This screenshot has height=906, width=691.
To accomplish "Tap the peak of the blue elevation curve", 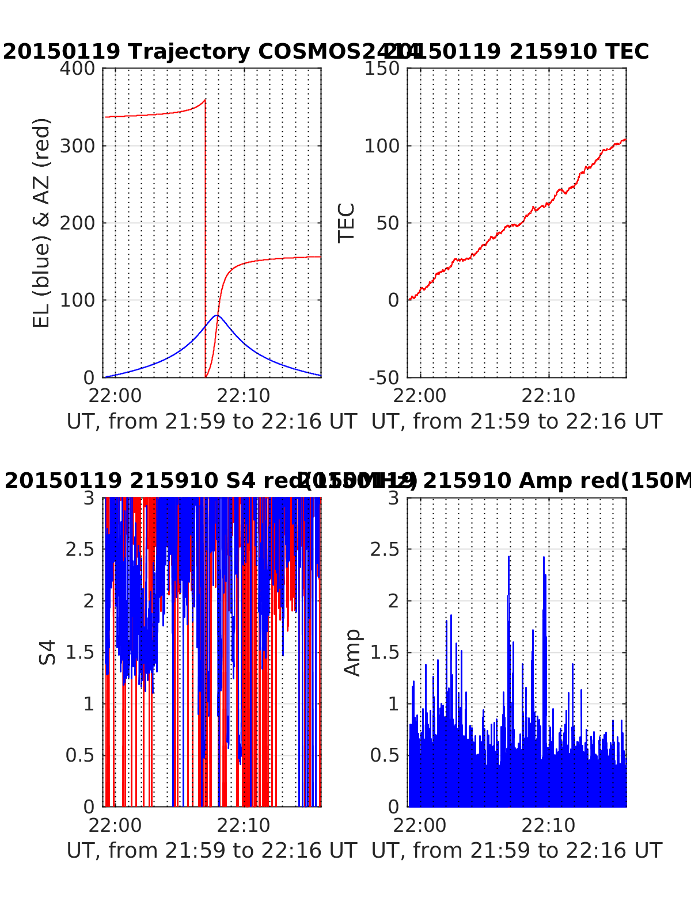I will coord(217,315).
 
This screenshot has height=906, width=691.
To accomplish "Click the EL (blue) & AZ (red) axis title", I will coord(41,223).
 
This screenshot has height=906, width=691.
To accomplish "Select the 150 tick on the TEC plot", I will coord(382,68).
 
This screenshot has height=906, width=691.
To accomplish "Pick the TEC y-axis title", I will coord(346,223).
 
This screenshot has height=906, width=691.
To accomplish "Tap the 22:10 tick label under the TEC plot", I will coord(548,396).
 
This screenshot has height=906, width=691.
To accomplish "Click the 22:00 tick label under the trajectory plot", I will coord(115,396).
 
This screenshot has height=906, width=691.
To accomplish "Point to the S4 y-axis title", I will coord(48,652).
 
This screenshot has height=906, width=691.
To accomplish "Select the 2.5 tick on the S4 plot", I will coord(80,549).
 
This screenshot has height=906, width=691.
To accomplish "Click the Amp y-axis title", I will coord(352,652).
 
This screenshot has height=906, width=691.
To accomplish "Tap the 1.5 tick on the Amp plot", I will coord(385,652).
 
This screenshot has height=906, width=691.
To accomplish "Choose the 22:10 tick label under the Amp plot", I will coord(548,825).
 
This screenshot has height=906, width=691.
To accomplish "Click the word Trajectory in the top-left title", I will coord(189,52).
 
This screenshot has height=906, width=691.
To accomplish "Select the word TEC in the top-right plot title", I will coord(627,52).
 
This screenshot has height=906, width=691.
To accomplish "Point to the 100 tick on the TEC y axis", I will coord(382,146).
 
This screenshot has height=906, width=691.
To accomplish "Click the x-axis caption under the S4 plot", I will coord(212,850).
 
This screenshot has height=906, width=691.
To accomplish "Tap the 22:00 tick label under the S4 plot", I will coord(115,825).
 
